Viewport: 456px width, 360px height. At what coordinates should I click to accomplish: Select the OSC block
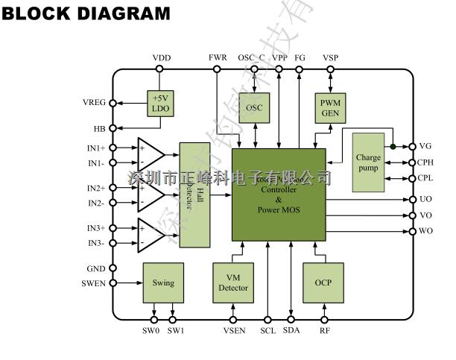(256, 107)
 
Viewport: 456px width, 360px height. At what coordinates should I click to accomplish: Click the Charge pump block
(368, 162)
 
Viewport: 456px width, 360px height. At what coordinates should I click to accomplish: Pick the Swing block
(163, 282)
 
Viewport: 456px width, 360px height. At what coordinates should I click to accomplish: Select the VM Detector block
(233, 282)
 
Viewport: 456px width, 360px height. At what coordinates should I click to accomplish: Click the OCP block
(323, 282)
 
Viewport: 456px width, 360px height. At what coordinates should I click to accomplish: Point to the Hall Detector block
(193, 195)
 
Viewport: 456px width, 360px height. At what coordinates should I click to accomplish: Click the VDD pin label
(161, 57)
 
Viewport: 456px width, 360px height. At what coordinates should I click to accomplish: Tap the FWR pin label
(218, 57)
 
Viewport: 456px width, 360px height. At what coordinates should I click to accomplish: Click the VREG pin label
(95, 103)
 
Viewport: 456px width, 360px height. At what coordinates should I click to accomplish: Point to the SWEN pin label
(94, 283)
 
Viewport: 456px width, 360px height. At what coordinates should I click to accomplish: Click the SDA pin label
(291, 330)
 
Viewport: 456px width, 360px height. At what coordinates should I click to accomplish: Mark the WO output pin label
(426, 232)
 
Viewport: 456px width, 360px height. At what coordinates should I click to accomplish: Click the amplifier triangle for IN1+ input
(151, 154)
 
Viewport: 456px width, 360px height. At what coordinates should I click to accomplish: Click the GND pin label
(97, 268)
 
